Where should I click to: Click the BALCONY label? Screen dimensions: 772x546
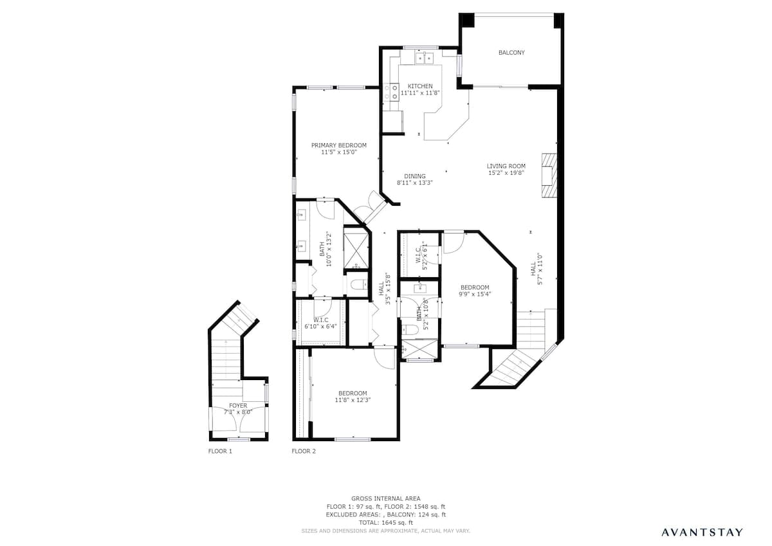(511, 53)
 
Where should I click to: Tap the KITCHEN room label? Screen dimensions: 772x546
(420, 86)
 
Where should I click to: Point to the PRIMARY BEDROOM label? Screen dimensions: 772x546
(339, 145)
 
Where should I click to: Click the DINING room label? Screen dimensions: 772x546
(415, 176)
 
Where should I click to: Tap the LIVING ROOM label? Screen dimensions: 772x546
(506, 166)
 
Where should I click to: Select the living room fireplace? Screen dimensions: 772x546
(549, 176)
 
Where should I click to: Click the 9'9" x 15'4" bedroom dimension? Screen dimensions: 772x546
(475, 294)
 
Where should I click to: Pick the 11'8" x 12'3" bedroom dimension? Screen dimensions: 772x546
(353, 400)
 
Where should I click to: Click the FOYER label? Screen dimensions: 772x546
(238, 406)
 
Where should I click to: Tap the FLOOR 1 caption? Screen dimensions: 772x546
(220, 451)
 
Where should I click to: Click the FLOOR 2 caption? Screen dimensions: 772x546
(304, 451)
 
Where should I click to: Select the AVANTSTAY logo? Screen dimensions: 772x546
(702, 532)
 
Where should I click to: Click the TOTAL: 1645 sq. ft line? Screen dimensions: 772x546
(386, 523)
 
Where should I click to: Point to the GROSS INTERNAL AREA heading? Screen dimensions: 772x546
(386, 498)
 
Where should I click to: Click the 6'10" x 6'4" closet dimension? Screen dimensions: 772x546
(320, 326)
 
